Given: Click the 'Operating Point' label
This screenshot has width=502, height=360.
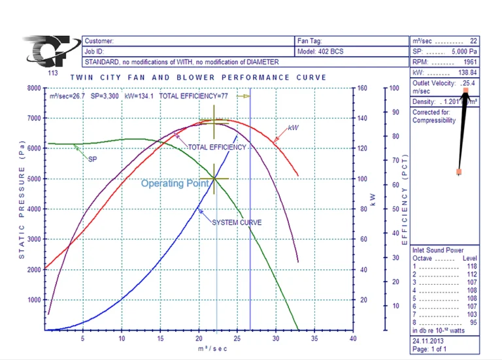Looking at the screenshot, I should (x=175, y=184).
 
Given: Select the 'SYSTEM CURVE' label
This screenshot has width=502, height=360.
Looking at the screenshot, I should (x=237, y=223).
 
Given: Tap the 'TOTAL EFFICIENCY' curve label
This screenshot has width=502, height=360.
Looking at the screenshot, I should (x=217, y=148).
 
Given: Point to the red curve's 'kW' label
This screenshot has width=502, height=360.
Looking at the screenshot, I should (x=293, y=128).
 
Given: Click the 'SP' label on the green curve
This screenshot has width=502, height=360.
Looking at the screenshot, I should (x=92, y=159).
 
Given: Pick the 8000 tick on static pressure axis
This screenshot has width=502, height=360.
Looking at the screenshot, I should (x=33, y=88).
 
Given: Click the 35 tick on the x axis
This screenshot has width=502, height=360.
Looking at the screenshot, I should (x=314, y=339).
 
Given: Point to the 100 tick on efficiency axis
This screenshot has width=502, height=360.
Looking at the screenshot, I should (x=394, y=88).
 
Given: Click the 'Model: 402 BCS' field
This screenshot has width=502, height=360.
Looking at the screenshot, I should (x=320, y=51).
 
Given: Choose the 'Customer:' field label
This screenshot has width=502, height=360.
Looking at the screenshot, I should (x=99, y=41).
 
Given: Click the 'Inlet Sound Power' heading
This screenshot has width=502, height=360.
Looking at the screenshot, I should (x=438, y=250).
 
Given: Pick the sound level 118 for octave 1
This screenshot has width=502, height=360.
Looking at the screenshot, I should (x=472, y=267).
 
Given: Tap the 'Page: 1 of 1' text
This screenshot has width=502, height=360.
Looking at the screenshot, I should (x=429, y=350).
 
